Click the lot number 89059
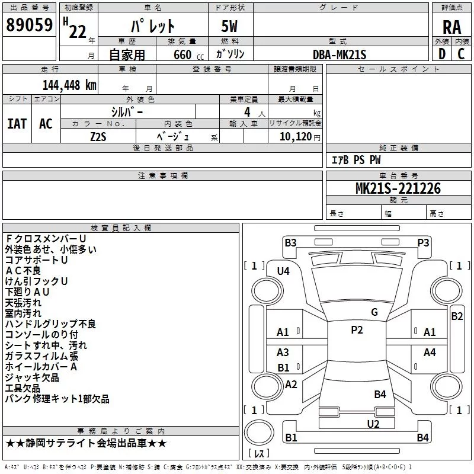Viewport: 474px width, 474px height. [29, 25]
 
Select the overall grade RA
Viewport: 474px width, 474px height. [451, 27]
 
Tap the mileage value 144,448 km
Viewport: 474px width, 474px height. [69, 85]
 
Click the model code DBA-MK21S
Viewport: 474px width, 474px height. [340, 55]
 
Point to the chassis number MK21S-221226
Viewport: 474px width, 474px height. [398, 188]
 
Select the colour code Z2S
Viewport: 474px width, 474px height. [98, 137]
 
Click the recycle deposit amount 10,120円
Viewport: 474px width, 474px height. [300, 137]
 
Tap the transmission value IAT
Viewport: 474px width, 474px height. [17, 124]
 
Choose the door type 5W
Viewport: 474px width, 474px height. [229, 26]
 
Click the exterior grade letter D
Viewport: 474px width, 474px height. [442, 54]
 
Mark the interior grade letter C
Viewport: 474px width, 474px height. [461, 54]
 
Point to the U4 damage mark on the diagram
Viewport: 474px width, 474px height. [283, 271]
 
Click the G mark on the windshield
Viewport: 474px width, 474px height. [374, 312]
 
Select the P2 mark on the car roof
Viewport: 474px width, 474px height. [357, 330]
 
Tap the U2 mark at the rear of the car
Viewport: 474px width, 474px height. [373, 424]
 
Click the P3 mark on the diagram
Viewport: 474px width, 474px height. [423, 242]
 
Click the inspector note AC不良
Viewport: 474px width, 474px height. [23, 271]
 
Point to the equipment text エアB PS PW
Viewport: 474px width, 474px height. [356, 160]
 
